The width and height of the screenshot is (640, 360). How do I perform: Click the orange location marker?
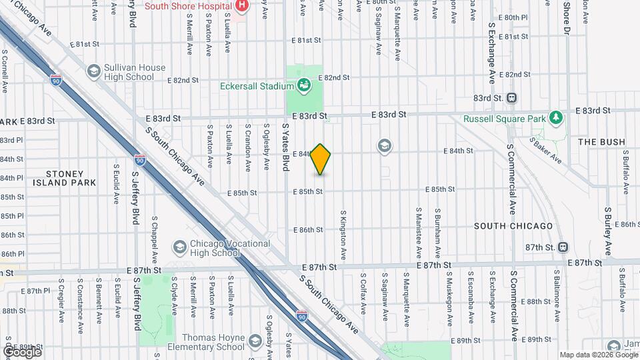tap(321, 159)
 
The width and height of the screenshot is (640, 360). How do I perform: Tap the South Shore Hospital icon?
tap(242, 7)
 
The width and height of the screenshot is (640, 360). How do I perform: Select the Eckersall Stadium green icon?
tap(304, 85)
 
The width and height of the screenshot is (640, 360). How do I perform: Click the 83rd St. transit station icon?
tap(512, 98)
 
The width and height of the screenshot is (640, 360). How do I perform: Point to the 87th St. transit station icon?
tap(563, 247)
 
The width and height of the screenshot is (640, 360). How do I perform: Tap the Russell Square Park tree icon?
tap(555, 119)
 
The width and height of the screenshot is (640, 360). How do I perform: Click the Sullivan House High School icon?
tap(93, 71)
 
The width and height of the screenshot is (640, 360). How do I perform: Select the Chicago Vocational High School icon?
tap(179, 247)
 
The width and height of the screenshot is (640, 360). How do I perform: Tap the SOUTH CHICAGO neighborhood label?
tap(513, 226)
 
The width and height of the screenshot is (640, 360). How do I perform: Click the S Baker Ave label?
tap(546, 151)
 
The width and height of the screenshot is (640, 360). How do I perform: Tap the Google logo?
tap(21, 351)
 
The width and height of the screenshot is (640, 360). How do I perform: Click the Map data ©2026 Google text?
tap(597, 355)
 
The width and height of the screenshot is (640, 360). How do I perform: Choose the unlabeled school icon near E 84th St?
tap(384, 145)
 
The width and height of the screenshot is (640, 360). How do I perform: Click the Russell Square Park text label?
tap(504, 119)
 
